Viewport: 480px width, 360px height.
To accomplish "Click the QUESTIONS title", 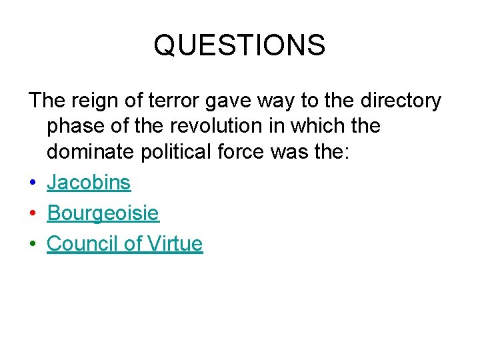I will [239, 45].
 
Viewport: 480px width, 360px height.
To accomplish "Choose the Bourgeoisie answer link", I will [103, 213].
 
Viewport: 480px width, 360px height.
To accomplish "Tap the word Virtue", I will [174, 244].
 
